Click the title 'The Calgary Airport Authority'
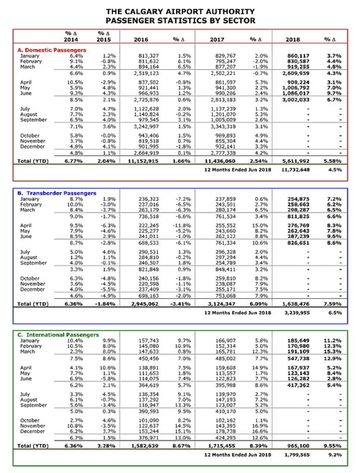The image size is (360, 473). (x=180, y=11)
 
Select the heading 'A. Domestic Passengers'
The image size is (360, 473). (x=52, y=50)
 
